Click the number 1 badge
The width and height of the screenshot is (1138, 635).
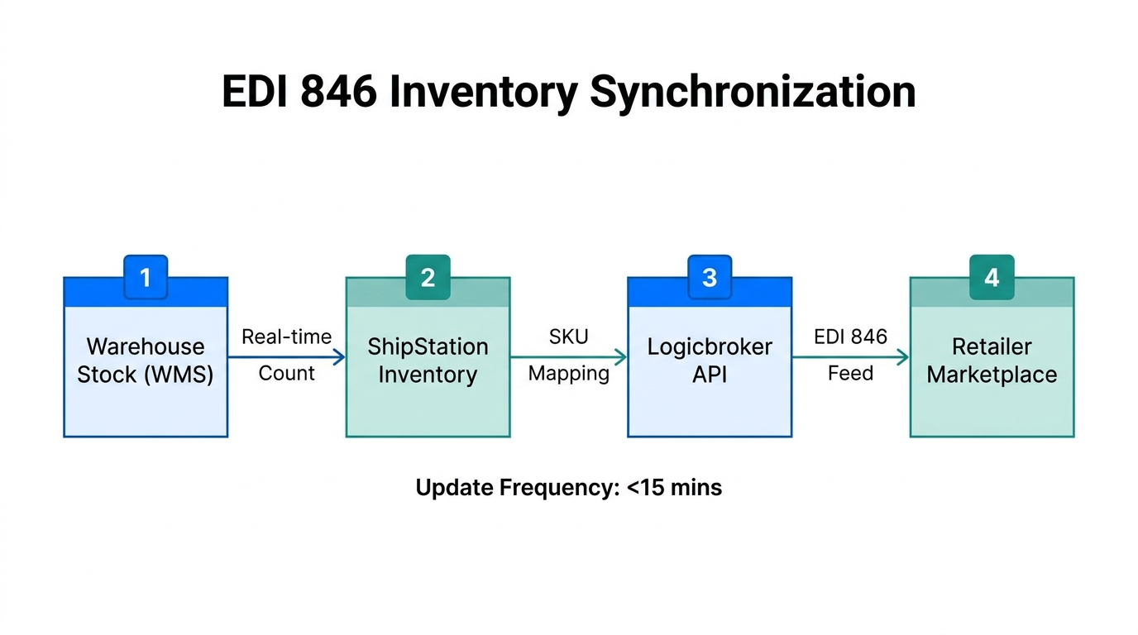pos(146,278)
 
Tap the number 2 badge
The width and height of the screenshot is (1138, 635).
pos(428,278)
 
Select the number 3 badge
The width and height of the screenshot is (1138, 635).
pos(710,278)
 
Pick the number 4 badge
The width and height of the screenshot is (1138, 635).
pos(992,278)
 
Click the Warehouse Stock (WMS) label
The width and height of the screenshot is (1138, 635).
pos(146,360)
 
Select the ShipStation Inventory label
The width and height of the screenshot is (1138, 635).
pos(428,360)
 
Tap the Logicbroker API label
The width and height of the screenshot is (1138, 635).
pos(710,360)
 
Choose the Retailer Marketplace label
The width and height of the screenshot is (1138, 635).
pos(992,360)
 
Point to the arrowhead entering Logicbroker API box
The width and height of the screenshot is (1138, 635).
pos(620,357)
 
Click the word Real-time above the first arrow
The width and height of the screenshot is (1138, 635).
pos(286,337)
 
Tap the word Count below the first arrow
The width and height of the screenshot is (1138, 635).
pos(286,374)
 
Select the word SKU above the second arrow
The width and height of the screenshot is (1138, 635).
pos(568,337)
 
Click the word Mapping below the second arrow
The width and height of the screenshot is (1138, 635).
pos(568,374)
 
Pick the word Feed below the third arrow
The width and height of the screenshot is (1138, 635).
pos(850,374)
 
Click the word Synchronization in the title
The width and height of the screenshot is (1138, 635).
pos(752,93)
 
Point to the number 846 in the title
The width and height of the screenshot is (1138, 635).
pos(339,93)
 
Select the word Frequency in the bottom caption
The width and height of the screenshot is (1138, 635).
pos(559,488)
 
